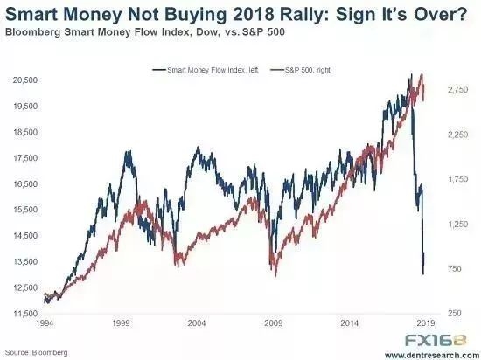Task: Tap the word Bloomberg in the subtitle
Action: [32, 31]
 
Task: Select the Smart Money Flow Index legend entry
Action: [206, 70]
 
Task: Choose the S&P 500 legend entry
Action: [300, 70]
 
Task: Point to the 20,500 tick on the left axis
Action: [25, 80]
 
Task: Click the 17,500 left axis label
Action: [25, 158]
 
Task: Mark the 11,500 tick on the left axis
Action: [25, 314]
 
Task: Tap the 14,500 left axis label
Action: [25, 236]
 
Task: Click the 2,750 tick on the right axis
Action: [457, 89]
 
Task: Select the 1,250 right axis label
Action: [457, 224]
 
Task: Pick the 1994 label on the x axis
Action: [45, 323]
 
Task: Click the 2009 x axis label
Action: [274, 323]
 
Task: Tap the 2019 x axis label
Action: [426, 323]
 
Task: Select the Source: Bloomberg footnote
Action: [36, 352]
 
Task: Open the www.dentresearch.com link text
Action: [433, 356]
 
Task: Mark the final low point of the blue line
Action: [423, 274]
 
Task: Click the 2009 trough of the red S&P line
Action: [275, 276]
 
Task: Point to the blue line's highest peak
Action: [411, 74]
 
